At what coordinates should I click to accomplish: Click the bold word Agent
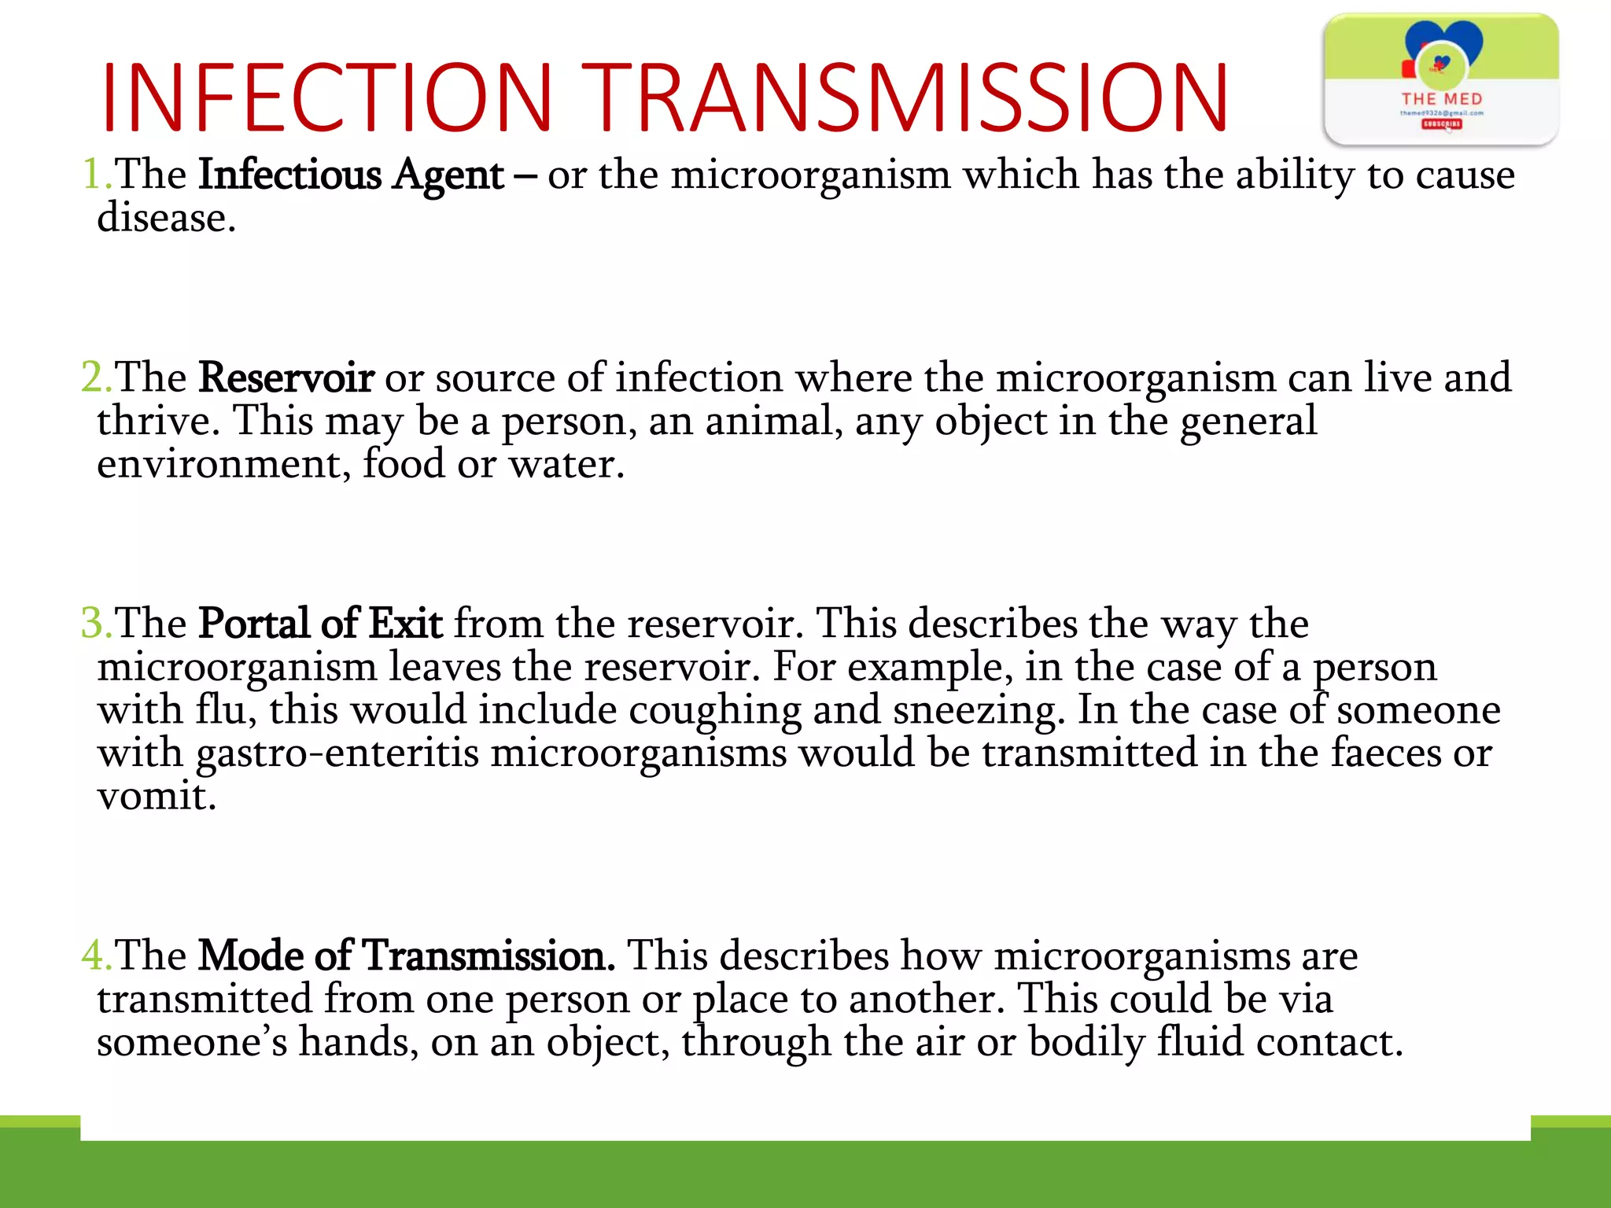pos(448,175)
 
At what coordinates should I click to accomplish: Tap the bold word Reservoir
pos(286,377)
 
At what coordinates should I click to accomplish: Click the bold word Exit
pos(406,623)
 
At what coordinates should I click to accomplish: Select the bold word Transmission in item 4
pos(488,955)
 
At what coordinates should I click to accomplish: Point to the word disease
pos(166,218)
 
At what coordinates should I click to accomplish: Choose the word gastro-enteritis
pos(337,753)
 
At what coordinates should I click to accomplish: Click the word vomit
pos(156,796)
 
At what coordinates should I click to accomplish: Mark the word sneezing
pos(979,710)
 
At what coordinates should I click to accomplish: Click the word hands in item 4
pos(358,1042)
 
